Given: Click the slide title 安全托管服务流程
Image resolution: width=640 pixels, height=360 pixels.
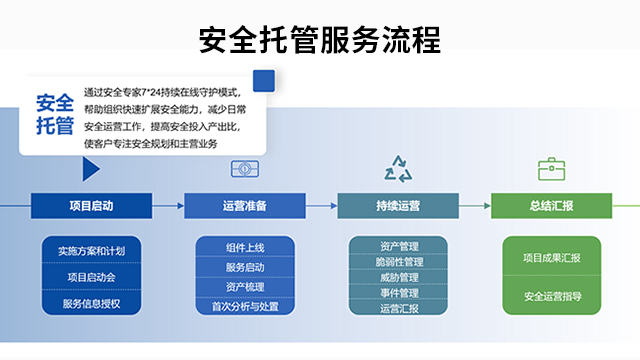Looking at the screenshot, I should click(x=319, y=39).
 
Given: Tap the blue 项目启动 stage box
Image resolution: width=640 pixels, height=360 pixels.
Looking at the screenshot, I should click(x=91, y=206).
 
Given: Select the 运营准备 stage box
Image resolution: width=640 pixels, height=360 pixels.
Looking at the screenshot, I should click(x=244, y=206).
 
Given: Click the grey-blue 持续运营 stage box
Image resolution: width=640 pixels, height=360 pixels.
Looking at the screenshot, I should click(x=398, y=206).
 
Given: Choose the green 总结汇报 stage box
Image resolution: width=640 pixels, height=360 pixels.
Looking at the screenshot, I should click(x=551, y=206).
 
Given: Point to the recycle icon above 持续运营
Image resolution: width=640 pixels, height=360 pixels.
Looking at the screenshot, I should click(x=398, y=168).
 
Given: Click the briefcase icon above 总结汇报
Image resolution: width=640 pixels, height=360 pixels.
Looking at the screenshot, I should click(x=551, y=169).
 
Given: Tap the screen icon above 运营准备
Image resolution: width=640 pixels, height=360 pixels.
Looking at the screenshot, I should click(x=245, y=169).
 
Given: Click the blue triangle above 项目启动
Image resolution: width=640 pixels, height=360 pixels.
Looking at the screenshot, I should click(x=91, y=169).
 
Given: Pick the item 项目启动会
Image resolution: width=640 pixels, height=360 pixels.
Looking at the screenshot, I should click(x=91, y=276).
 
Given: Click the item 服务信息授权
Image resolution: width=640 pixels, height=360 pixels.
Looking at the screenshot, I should click(x=91, y=302).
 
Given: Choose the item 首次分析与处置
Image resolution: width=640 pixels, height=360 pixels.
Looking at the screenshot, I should click(x=245, y=307).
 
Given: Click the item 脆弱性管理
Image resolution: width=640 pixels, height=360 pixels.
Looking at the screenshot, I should click(x=398, y=262).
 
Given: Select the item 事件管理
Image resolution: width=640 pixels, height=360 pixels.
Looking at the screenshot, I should click(x=398, y=293).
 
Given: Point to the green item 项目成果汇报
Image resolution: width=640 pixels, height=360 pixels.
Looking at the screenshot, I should click(x=551, y=258).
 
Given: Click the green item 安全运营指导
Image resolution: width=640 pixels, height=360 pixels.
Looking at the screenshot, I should click(x=551, y=296).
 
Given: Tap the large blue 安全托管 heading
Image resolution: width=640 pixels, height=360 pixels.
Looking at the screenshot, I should click(x=55, y=114).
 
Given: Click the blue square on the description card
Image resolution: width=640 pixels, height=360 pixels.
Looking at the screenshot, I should click(x=264, y=80).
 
